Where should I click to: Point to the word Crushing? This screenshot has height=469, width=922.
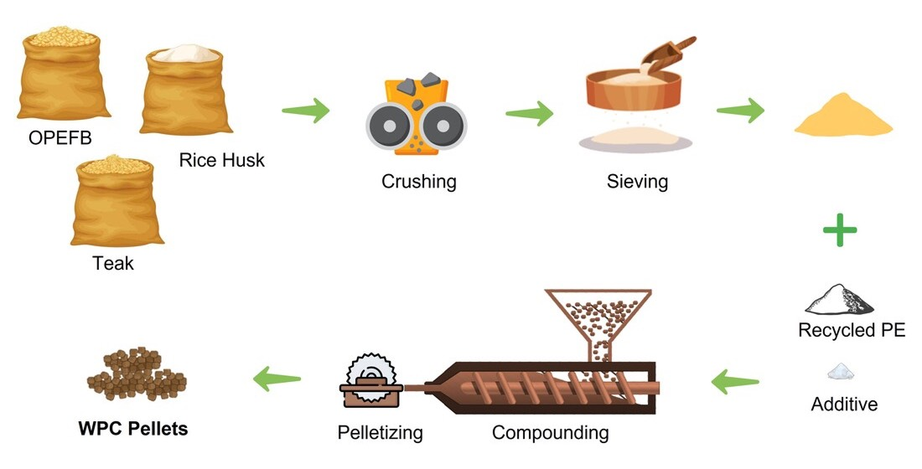(419, 181)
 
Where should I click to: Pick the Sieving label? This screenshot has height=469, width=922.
(638, 181)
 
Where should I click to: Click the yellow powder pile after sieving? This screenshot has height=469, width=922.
(843, 121)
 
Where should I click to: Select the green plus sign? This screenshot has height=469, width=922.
(839, 229)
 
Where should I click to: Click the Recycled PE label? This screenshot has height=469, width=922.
(852, 330)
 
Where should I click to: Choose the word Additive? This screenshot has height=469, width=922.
(844, 405)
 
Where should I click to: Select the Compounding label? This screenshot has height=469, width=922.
(550, 433)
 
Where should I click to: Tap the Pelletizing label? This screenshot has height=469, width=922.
(380, 433)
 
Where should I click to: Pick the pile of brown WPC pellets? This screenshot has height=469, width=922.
(136, 374)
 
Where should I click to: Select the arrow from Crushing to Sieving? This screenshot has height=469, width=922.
(529, 113)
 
